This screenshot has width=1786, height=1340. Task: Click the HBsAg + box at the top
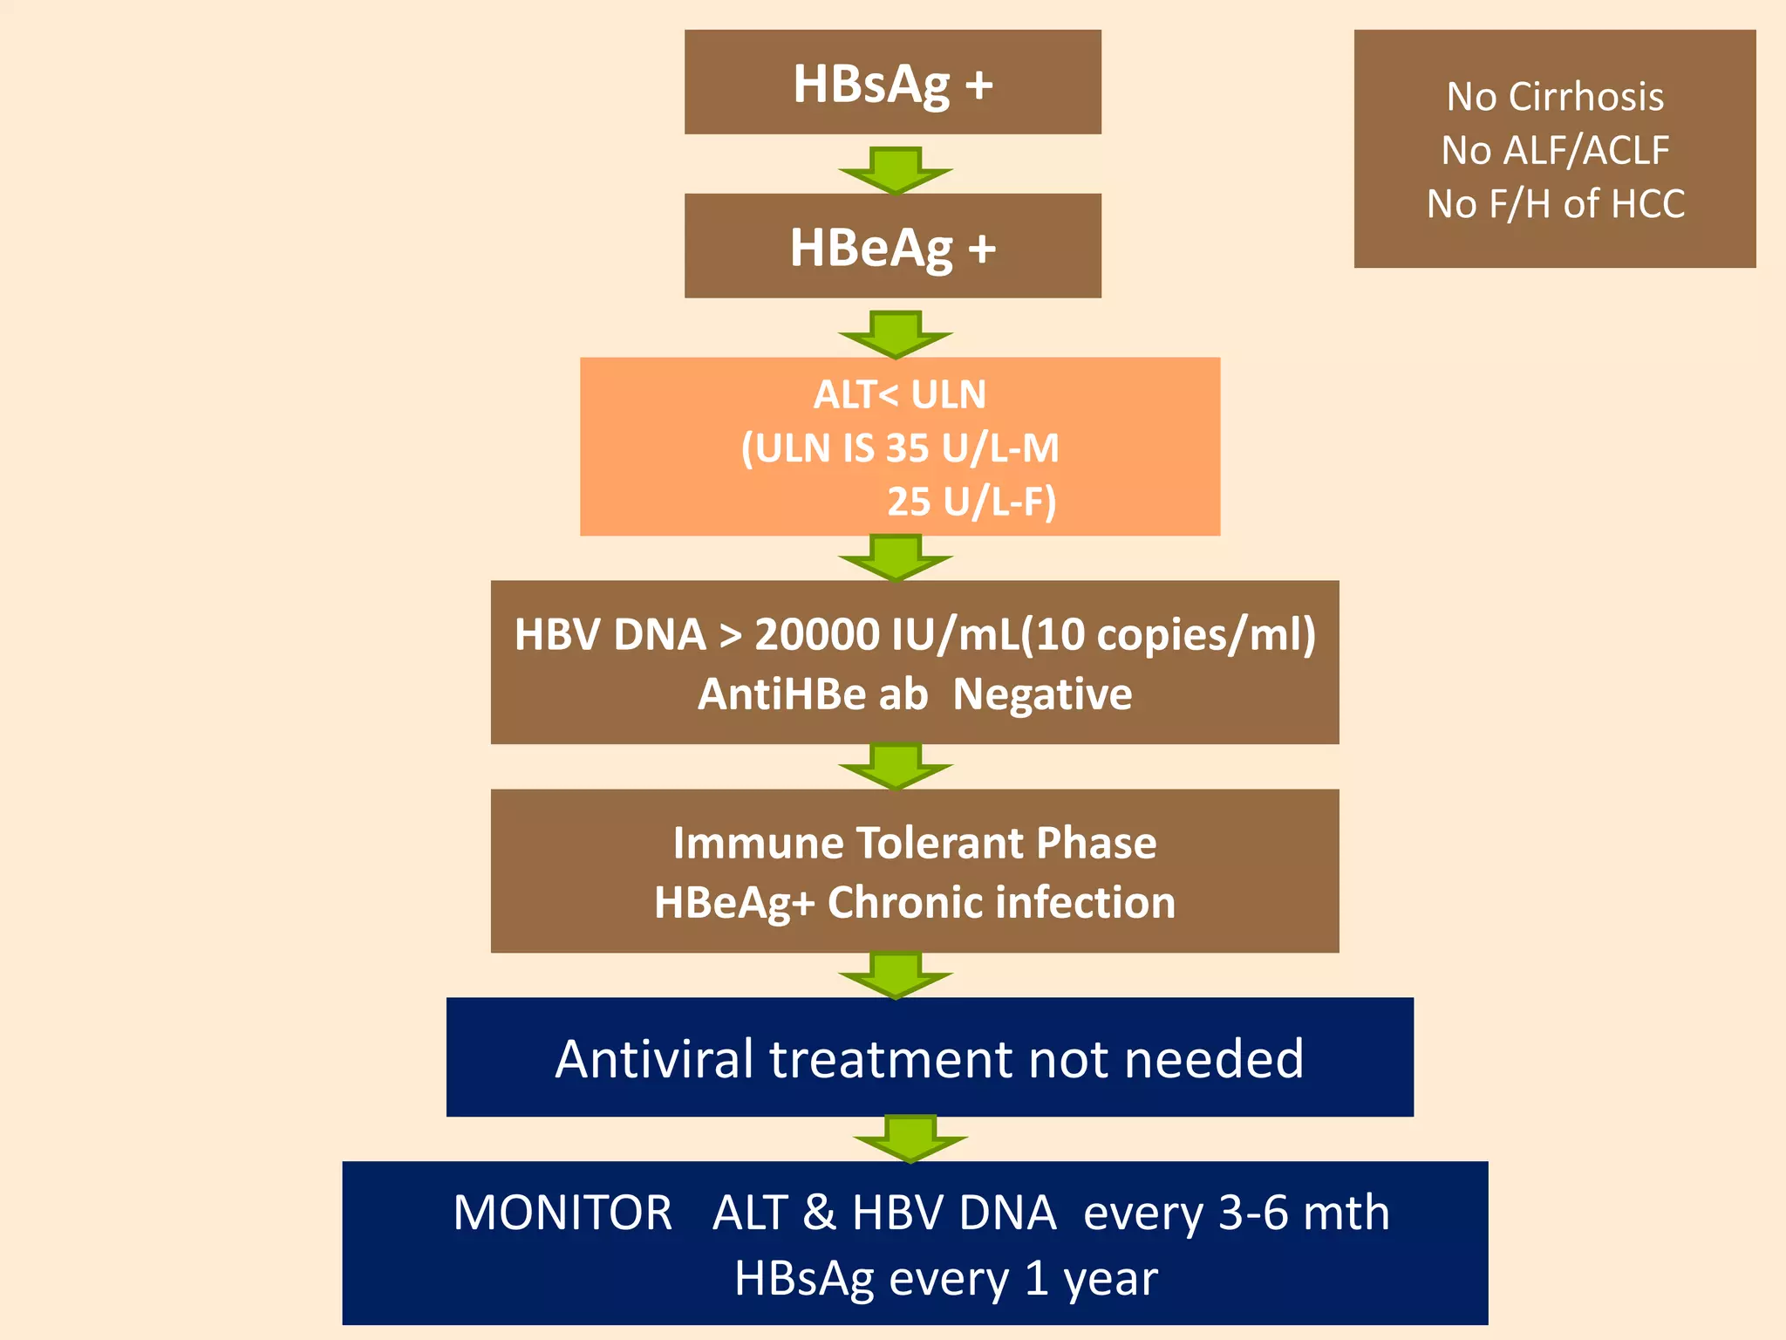[892, 83]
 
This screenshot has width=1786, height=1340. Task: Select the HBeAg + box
[892, 247]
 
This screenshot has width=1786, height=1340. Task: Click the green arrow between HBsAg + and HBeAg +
[895, 171]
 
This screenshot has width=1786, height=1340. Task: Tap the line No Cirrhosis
[1555, 97]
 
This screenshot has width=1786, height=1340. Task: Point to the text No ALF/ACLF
[1555, 151]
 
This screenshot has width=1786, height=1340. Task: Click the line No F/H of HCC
[1555, 204]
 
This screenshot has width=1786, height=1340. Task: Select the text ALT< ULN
[899, 395]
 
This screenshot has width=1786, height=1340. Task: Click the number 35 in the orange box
[907, 448]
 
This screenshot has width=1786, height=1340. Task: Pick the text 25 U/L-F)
[971, 502]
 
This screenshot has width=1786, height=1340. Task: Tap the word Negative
[1042, 694]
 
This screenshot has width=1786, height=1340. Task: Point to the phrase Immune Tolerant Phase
[914, 844]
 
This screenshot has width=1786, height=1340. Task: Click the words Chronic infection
[1001, 903]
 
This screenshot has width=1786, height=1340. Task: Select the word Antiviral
[654, 1059]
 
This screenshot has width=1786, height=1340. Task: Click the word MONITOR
[562, 1213]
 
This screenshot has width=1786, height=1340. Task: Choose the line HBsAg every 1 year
[945, 1279]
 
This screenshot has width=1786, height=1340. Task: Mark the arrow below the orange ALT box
[895, 558]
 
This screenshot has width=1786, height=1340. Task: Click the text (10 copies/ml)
[1169, 634]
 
